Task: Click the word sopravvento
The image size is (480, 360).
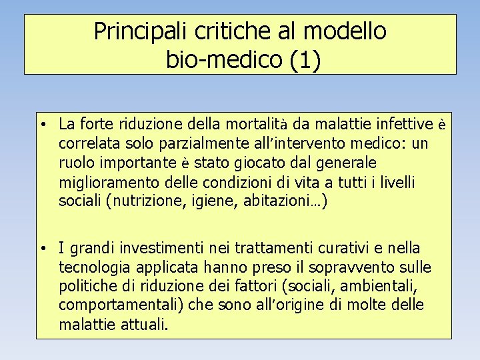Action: click(347, 268)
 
